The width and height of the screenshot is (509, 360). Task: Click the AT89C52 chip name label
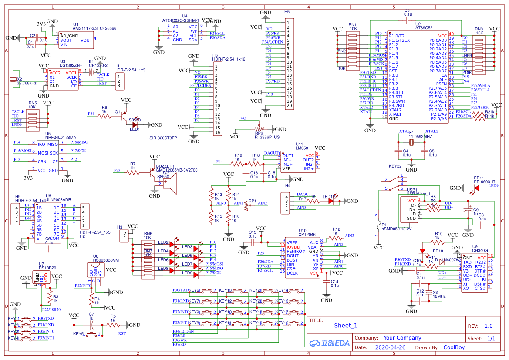pos(424,27)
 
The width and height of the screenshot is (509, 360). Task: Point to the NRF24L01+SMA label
pos(60,138)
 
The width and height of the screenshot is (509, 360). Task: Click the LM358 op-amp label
pos(303,148)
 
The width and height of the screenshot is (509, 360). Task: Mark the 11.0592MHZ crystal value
pos(421,137)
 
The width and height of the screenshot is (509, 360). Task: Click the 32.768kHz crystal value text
pos(27,83)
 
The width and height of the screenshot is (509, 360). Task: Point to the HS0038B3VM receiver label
pos(105,260)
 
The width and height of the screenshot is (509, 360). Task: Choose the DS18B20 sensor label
pos(47,269)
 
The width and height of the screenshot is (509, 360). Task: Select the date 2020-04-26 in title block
pos(390,347)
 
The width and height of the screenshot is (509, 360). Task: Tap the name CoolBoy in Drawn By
pos(454,347)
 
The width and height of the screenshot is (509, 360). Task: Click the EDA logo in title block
pos(330,343)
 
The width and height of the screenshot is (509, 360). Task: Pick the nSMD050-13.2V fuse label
pos(396,228)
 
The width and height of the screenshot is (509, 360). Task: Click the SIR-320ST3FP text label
pos(163,138)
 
